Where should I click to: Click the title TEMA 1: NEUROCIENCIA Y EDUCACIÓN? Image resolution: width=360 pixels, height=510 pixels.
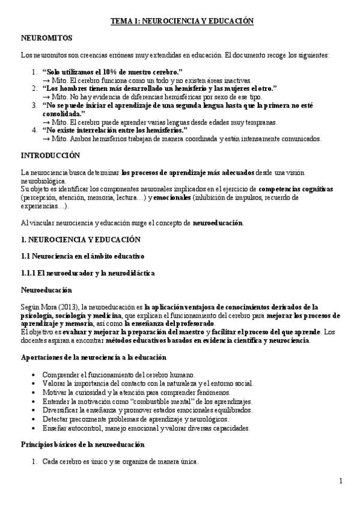point(182,21)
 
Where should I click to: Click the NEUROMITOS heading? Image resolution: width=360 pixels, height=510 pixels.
point(47,37)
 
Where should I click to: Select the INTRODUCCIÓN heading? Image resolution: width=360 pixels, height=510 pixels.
point(50,155)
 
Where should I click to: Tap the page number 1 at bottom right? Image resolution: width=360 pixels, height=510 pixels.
point(340,481)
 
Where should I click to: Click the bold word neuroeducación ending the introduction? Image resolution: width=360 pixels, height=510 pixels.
point(218,223)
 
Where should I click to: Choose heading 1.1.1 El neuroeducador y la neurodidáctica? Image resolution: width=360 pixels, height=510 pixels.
point(88,273)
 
